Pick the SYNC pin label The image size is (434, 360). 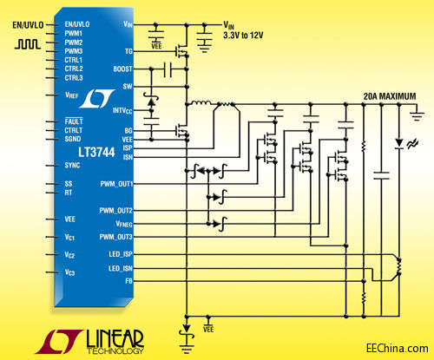(x=71, y=164)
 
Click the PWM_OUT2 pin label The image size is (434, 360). (x=115, y=211)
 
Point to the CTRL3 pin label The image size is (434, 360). (x=74, y=77)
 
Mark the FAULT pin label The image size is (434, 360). (x=72, y=121)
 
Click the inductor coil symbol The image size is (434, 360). (x=201, y=106)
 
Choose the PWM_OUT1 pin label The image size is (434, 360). (x=115, y=184)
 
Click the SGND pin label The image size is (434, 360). (x=72, y=138)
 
